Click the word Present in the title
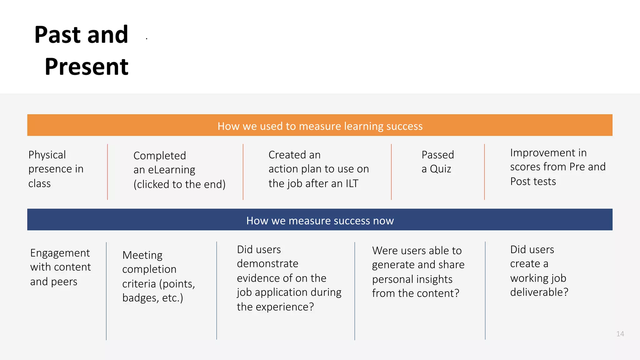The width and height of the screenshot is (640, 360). point(87,67)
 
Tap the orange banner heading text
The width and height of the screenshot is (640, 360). point(320,126)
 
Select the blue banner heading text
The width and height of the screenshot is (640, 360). point(320,221)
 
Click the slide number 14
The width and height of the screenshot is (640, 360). point(620,334)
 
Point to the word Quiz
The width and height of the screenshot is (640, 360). point(440,169)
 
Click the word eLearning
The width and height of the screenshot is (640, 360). point(171,170)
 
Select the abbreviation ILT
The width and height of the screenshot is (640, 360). point(352,183)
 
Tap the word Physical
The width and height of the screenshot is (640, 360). point(47,155)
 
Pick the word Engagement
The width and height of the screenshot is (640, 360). point(60,253)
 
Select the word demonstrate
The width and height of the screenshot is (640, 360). point(267,263)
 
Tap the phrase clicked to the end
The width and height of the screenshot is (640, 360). point(179,184)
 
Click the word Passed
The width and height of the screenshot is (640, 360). point(437,155)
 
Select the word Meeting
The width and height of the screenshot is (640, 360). point(142,255)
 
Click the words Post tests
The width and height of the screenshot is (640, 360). point(533,181)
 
